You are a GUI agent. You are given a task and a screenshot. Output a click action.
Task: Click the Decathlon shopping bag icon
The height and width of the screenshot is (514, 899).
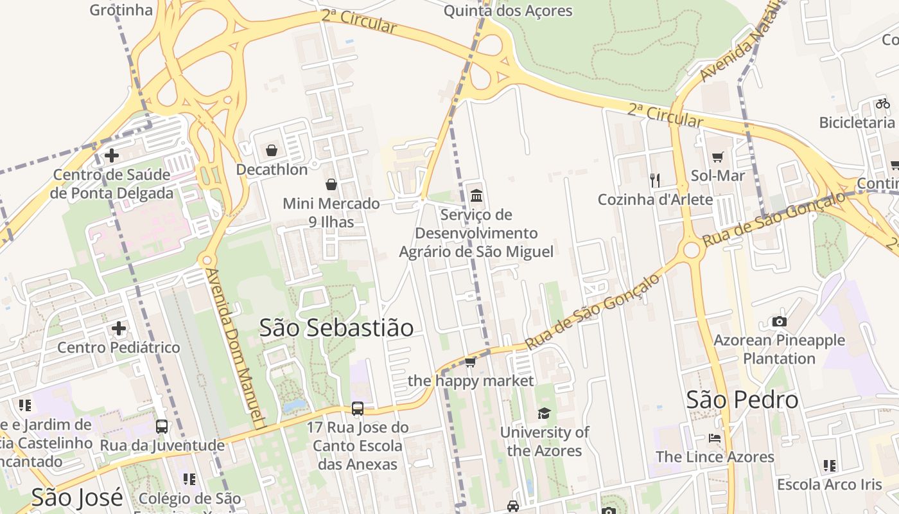tap(272, 151)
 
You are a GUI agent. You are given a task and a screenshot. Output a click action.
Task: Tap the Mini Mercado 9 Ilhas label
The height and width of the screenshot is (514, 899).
tap(331, 213)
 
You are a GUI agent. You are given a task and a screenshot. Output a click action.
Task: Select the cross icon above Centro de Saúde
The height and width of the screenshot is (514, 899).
tap(112, 155)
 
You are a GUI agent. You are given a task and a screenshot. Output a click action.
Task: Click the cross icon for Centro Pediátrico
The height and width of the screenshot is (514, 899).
tap(119, 329)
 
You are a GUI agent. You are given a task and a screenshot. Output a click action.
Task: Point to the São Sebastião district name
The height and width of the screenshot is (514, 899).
tap(336, 328)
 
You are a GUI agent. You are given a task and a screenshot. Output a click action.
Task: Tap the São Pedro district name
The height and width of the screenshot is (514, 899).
tap(742, 400)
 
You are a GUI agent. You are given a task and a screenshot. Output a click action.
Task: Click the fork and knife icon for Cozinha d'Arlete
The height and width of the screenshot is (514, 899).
tap(655, 181)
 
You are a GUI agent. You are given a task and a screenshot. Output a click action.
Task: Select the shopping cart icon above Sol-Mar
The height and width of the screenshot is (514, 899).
tap(718, 157)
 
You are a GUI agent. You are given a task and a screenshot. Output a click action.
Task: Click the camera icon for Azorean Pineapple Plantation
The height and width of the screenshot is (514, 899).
tap(779, 322)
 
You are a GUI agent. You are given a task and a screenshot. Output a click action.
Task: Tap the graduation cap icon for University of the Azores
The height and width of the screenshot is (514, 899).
tap(544, 413)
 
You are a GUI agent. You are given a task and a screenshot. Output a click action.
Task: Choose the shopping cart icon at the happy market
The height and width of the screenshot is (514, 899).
tap(470, 362)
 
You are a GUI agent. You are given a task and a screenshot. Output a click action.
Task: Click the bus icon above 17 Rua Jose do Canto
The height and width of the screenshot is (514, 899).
tap(358, 409)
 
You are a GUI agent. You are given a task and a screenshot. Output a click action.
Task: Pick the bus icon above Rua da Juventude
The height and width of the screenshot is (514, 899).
tap(162, 427)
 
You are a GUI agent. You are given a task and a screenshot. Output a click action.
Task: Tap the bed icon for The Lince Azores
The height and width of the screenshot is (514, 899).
tap(715, 439)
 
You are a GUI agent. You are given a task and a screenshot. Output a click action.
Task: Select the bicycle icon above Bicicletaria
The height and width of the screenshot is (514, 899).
tap(882, 103)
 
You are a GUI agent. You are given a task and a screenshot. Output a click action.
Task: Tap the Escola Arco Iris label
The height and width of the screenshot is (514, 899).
tap(829, 484)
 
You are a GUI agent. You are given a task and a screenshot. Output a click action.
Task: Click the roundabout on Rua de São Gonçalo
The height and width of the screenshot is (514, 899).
tap(692, 249)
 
